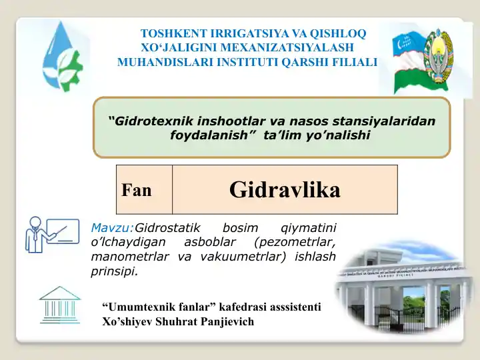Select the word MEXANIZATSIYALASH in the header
coord(293,47)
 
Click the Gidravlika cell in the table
coord(285,190)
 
